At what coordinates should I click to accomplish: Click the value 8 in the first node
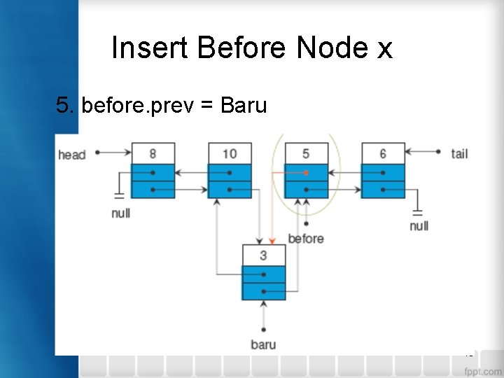coord(153,153)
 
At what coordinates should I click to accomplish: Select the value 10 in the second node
coord(230,153)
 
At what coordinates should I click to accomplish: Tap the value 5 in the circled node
coord(306,153)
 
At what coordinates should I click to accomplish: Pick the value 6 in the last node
coord(383,153)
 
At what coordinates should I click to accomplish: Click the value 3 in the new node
coord(263,255)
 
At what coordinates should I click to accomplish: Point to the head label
coord(72,154)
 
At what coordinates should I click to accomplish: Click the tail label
coord(459,153)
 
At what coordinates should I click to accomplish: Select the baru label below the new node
coord(263,344)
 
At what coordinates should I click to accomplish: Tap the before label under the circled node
coord(306,239)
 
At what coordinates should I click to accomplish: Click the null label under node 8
coord(120,213)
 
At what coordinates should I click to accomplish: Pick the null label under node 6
coord(419,225)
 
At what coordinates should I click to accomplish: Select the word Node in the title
coord(332,48)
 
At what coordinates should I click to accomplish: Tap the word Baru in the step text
coord(243,105)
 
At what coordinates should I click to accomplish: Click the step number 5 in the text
coord(64,105)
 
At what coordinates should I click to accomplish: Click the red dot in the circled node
coord(306,172)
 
